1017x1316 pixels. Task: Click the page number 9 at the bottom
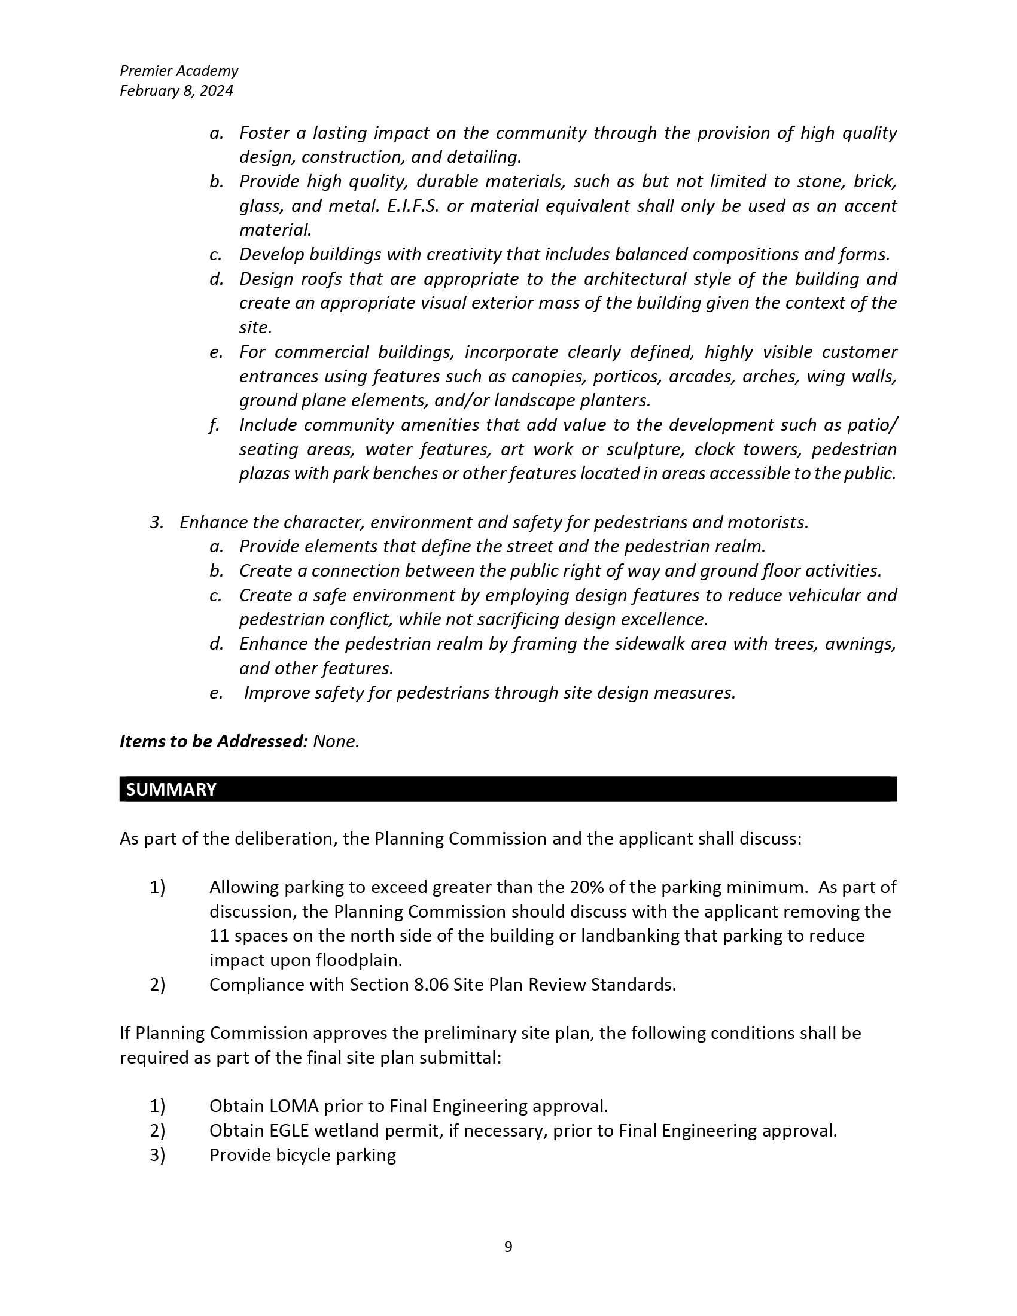tap(508, 1246)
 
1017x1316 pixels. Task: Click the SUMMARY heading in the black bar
tap(170, 790)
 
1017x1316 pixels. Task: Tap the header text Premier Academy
tap(179, 71)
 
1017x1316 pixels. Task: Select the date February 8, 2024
tap(176, 90)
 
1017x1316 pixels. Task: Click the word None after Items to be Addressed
tap(335, 741)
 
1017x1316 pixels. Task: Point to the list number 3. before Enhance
tap(157, 522)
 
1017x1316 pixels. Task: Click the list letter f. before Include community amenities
tap(214, 425)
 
